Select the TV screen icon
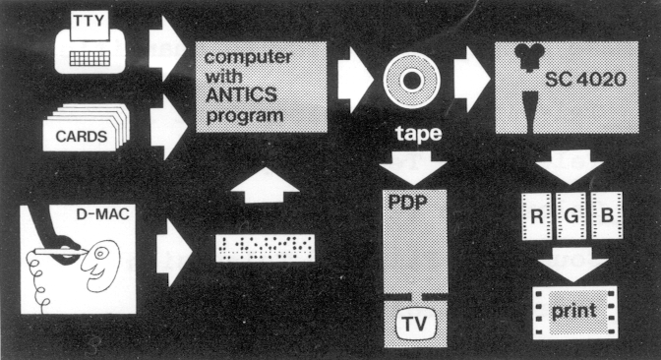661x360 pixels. pos(413,323)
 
